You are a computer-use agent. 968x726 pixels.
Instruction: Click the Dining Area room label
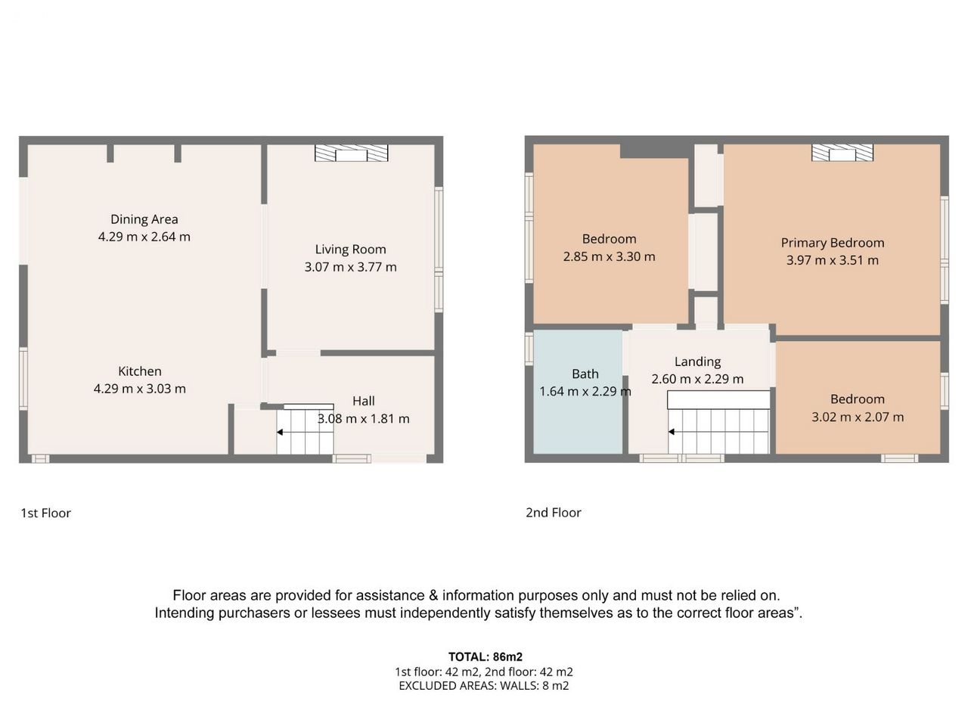tap(144, 219)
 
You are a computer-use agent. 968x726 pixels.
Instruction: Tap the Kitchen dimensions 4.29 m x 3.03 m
tap(140, 389)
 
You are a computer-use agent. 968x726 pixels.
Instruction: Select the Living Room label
tap(351, 250)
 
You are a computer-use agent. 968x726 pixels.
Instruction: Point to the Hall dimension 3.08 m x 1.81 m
tap(364, 418)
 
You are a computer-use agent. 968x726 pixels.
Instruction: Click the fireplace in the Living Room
tap(351, 153)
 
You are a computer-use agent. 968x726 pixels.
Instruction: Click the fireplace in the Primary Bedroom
tap(842, 153)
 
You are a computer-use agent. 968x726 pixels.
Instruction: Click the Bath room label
tap(585, 374)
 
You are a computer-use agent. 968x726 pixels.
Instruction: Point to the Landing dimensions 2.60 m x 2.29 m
tap(698, 379)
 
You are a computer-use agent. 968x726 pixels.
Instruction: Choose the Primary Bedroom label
tap(833, 243)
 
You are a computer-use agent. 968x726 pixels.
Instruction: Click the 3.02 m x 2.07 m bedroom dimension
tap(858, 417)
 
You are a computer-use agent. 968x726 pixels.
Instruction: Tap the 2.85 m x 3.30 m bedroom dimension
tap(609, 256)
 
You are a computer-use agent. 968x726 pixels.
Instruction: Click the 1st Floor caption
tap(46, 513)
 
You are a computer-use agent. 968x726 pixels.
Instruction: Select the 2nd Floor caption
tap(554, 512)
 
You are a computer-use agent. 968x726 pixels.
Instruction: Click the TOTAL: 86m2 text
tap(486, 656)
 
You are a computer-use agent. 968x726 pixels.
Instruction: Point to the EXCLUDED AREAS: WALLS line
tap(484, 685)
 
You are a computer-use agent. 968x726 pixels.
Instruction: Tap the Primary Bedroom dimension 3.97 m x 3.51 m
tap(833, 260)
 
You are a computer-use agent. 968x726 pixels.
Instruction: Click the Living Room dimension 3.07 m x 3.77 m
tap(351, 267)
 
